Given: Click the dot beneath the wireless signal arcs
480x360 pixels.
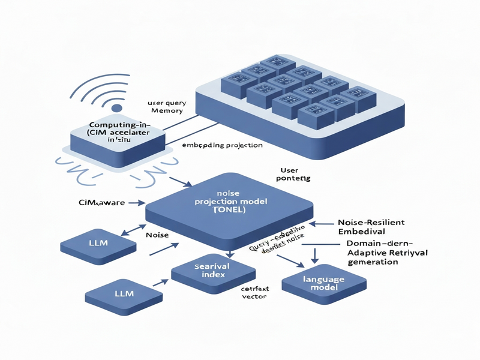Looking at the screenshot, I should [x=117, y=108].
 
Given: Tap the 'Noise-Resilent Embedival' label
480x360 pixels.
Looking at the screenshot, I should [x=371, y=226].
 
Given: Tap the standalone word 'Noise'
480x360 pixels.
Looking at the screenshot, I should [x=157, y=235].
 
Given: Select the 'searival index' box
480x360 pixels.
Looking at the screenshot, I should [x=209, y=270].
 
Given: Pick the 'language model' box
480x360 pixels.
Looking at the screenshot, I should [x=325, y=283].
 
